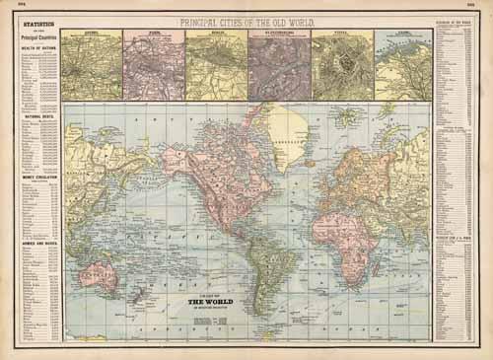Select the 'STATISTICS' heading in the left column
[x=31, y=19]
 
